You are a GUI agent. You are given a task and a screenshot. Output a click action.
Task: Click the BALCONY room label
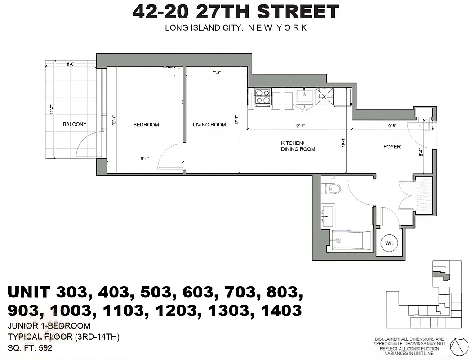(75, 125)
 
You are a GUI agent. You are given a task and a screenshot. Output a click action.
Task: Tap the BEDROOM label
(146, 125)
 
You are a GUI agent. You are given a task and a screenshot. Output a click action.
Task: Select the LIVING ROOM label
(209, 125)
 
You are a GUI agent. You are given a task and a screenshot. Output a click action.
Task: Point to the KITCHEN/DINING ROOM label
(298, 146)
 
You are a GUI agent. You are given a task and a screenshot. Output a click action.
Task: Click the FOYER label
(392, 147)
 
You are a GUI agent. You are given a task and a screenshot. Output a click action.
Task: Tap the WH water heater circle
(389, 243)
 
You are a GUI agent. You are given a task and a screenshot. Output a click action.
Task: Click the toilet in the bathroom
(334, 189)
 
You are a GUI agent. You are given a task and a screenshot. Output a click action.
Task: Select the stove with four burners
(263, 97)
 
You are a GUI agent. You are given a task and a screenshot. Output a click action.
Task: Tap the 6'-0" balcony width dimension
(71, 64)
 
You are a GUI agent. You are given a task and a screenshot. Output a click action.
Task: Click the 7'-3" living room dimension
(217, 72)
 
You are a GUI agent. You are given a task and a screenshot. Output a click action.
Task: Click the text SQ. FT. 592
(30, 347)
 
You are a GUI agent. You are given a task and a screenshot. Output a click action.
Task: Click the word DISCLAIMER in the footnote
(391, 339)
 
